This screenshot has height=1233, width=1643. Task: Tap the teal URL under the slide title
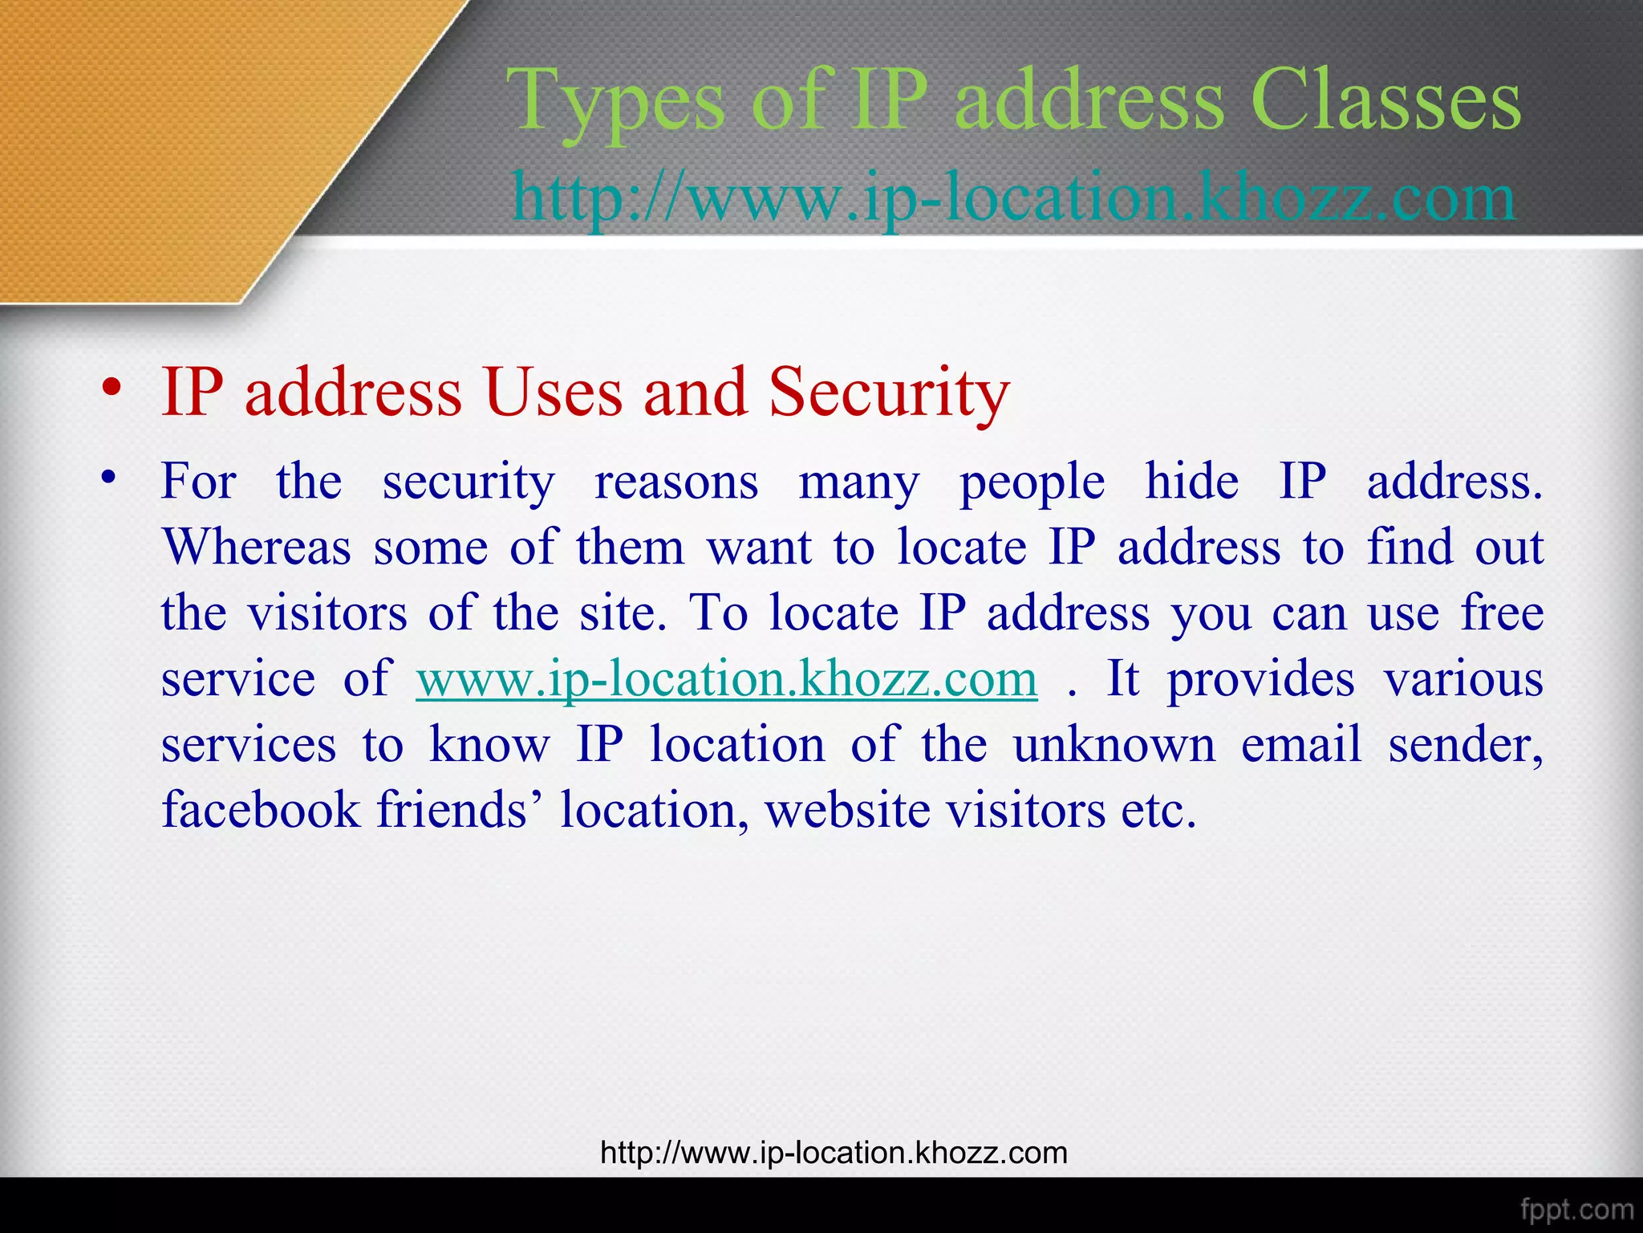[1014, 197]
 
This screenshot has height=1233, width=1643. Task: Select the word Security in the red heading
[889, 393]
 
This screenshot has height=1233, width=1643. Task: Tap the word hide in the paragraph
[1191, 482]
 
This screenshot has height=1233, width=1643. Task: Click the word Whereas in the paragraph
[257, 547]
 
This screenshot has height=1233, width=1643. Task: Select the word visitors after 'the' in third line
[327, 613]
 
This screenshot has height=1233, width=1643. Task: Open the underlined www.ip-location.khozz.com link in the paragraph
[726, 679]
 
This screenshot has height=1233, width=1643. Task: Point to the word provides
[1260, 680]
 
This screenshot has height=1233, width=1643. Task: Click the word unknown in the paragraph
[1114, 745]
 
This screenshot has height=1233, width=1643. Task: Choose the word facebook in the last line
[261, 809]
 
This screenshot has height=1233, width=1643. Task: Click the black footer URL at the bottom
[834, 1153]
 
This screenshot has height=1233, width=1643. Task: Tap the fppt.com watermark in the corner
[1576, 1210]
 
